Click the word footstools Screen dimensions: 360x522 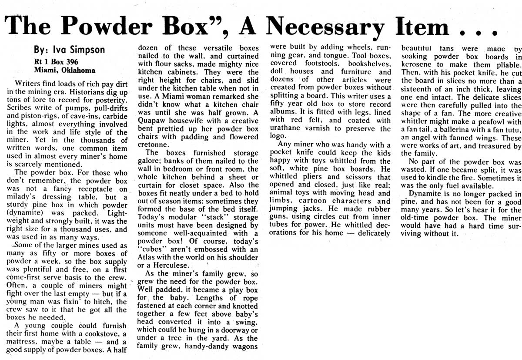(x=321, y=64)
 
